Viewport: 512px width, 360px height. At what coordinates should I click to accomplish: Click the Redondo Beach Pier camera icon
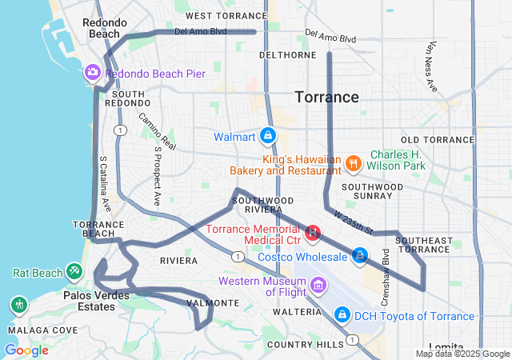click(93, 74)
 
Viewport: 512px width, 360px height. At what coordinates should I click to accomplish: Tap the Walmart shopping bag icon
click(267, 137)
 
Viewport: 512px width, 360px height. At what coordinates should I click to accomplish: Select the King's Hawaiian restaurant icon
click(353, 164)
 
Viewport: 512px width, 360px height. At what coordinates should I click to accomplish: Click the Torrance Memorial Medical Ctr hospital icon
click(314, 234)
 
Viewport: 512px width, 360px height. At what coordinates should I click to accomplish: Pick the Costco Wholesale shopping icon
click(361, 256)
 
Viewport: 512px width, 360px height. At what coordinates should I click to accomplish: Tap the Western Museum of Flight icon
click(318, 286)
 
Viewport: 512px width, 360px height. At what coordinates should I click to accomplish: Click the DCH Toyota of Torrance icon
click(342, 314)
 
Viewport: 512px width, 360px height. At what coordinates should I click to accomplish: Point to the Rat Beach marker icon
click(74, 272)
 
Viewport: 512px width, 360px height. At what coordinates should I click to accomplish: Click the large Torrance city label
click(327, 97)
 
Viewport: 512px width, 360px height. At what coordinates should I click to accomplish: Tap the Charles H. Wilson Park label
click(400, 162)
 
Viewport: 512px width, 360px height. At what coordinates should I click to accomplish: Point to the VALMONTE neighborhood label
click(212, 303)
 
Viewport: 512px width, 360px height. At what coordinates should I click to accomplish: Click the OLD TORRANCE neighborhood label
click(438, 140)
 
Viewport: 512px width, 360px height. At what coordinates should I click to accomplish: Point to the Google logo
click(26, 350)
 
